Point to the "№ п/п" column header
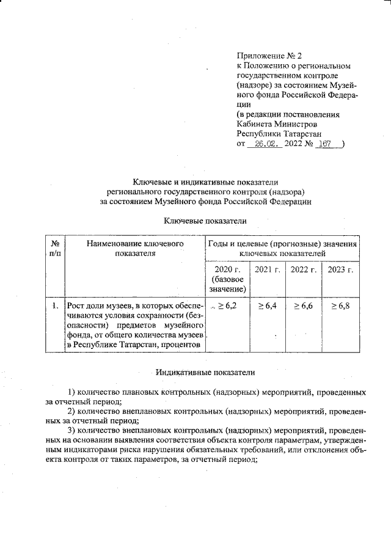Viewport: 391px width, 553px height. (54, 249)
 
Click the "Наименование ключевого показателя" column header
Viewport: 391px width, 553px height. (136, 249)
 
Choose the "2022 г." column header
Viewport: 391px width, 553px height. (303, 269)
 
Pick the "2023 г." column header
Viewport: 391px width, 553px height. (340, 269)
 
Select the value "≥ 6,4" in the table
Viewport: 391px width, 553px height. (267, 304)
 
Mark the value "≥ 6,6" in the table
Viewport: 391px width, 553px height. (303, 304)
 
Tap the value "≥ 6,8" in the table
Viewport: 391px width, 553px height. (340, 304)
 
